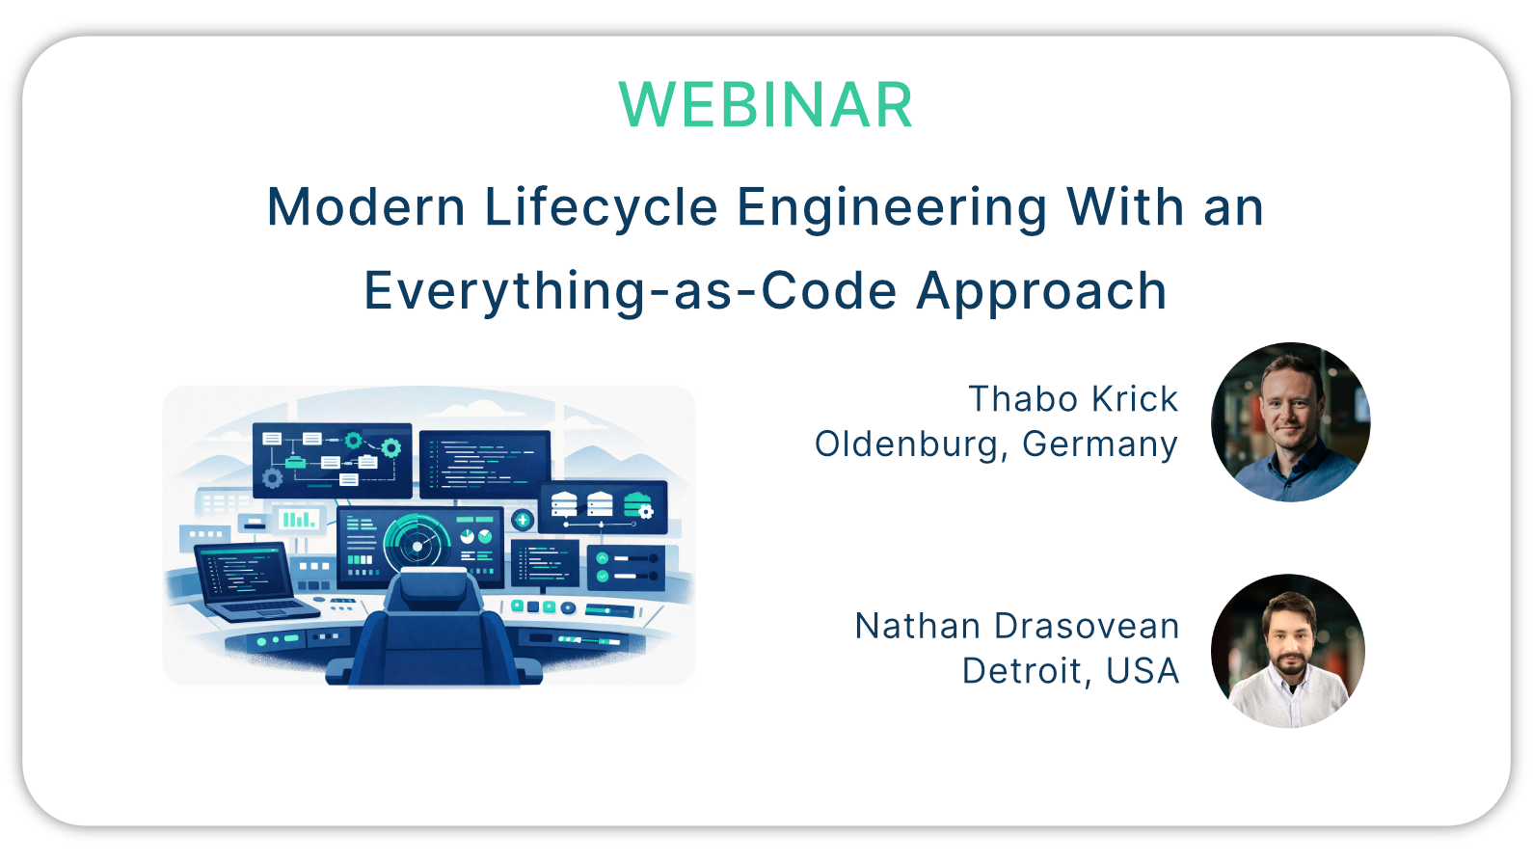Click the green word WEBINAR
pyautogui.click(x=766, y=105)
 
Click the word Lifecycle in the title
pyautogui.click(x=601, y=207)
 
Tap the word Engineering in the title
pyautogui.click(x=892, y=207)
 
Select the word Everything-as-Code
pyautogui.click(x=631, y=291)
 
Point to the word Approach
pyautogui.click(x=1041, y=292)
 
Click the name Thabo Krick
pyautogui.click(x=1073, y=398)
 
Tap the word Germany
pyautogui.click(x=1100, y=445)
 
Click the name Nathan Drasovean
pyautogui.click(x=1017, y=626)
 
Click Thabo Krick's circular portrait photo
pyautogui.click(x=1290, y=421)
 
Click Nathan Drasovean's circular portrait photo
pyautogui.click(x=1287, y=651)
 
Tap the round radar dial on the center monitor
pyautogui.click(x=417, y=545)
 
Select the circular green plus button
pyautogui.click(x=523, y=521)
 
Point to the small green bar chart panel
pyautogui.click(x=298, y=520)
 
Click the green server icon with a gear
pyautogui.click(x=638, y=505)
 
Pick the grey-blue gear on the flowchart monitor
pyautogui.click(x=273, y=477)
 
